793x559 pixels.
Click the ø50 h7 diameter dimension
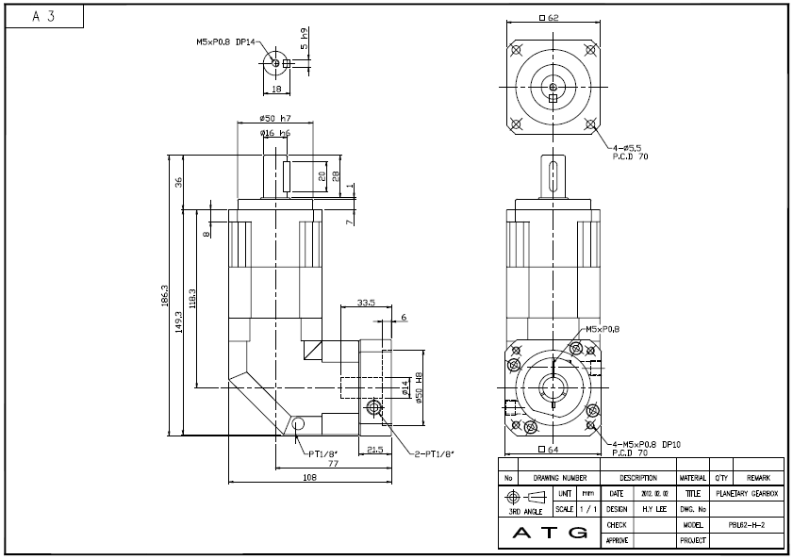(x=275, y=119)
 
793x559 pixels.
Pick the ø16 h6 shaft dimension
(x=275, y=134)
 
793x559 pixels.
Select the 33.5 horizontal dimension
(x=368, y=303)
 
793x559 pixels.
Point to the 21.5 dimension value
(x=374, y=450)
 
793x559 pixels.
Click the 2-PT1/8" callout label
(x=435, y=454)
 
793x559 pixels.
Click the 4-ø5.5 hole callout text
(x=627, y=149)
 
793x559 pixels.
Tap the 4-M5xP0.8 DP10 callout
(x=646, y=443)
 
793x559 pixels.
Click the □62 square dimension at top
(x=548, y=18)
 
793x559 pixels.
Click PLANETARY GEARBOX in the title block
(x=746, y=493)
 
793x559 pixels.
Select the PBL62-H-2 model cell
(x=746, y=524)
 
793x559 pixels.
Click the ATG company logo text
(x=548, y=533)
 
